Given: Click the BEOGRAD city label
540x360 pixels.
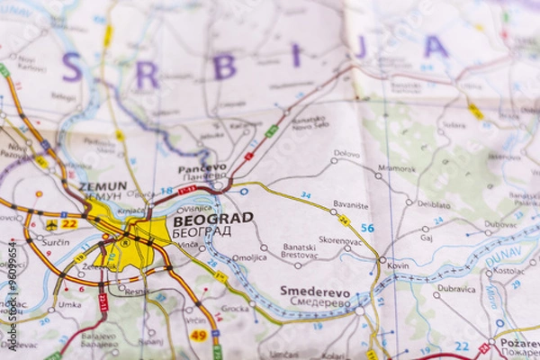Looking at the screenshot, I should coord(212,219).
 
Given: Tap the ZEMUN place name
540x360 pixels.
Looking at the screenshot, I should coord(103,186).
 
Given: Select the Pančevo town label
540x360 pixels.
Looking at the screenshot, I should coord(202,168).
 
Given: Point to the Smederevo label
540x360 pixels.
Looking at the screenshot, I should coord(315,292).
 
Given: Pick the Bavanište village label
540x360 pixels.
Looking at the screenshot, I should coord(351,205).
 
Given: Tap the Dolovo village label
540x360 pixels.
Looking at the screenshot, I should coord(346,154).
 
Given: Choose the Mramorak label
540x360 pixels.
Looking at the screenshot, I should coord(397,167).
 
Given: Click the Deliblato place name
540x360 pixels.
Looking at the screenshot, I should coord(434,204).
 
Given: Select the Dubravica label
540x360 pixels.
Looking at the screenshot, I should coord(456,289).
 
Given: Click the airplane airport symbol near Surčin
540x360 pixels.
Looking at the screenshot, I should coord(51,224).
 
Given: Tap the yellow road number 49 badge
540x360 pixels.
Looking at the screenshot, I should coord(198,335).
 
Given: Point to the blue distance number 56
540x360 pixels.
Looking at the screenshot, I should coord(367,228).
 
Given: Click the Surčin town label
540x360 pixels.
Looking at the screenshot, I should coord(55,242).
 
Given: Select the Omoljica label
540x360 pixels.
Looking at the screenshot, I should coord(249,257).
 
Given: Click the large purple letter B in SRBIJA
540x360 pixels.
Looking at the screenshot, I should coord(224,67).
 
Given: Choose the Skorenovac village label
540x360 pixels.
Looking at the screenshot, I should coord(340,240).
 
